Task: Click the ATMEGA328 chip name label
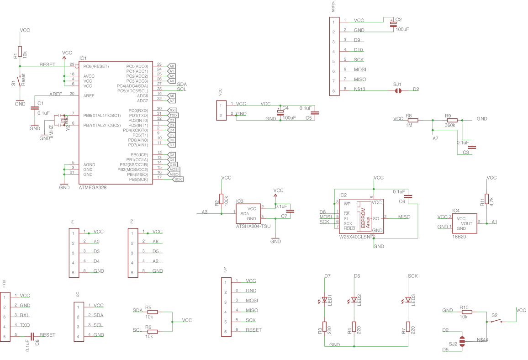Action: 93,187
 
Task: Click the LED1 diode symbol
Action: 324,300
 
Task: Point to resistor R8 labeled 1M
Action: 412,120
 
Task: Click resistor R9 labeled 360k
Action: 451,120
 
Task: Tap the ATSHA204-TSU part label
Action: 253,226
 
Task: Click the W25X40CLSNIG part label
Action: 359,237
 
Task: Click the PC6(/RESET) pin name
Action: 96,66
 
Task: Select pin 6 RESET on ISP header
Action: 253,330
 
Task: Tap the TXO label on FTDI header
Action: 25,325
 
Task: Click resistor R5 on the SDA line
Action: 152,312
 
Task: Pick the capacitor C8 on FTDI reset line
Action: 32,336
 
